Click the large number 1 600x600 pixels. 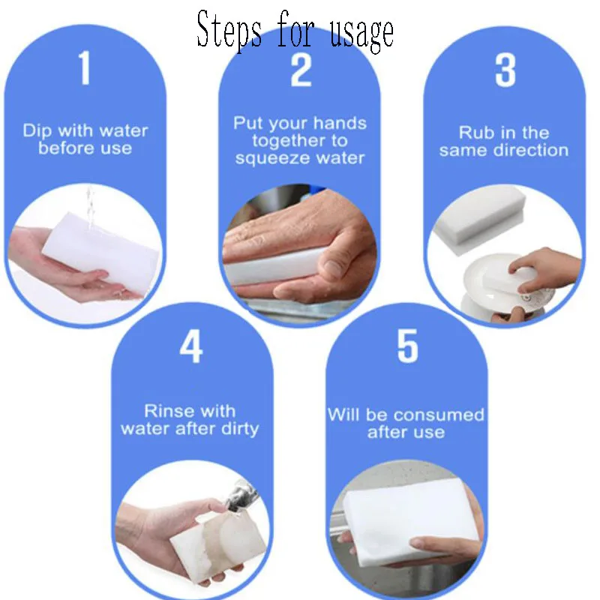pos(85,69)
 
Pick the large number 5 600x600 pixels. pos(407,346)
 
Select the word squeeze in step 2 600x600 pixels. pos(268,158)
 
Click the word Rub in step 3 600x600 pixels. pos(476,133)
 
